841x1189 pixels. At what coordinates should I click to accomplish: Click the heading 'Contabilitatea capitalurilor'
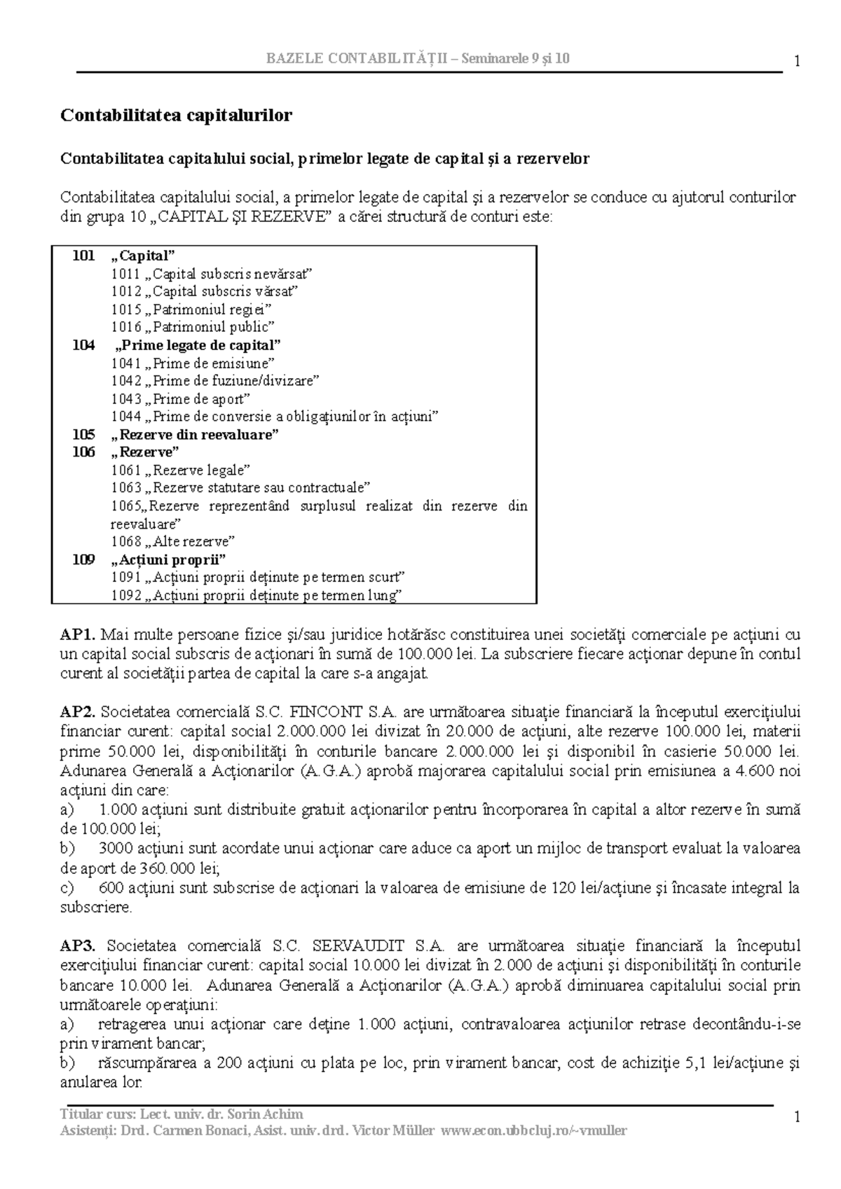click(x=176, y=115)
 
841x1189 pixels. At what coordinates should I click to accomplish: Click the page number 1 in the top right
click(x=797, y=62)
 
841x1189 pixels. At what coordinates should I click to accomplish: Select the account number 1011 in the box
click(x=125, y=274)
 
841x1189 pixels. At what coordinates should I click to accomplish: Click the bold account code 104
click(x=83, y=345)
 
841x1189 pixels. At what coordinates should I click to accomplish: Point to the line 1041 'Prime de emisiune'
click(x=193, y=363)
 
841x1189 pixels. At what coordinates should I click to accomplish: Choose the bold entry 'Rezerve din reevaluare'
click(x=195, y=435)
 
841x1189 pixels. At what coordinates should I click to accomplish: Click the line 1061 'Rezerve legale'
click(x=181, y=471)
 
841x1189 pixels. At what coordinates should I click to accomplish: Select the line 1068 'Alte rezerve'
click(x=173, y=542)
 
